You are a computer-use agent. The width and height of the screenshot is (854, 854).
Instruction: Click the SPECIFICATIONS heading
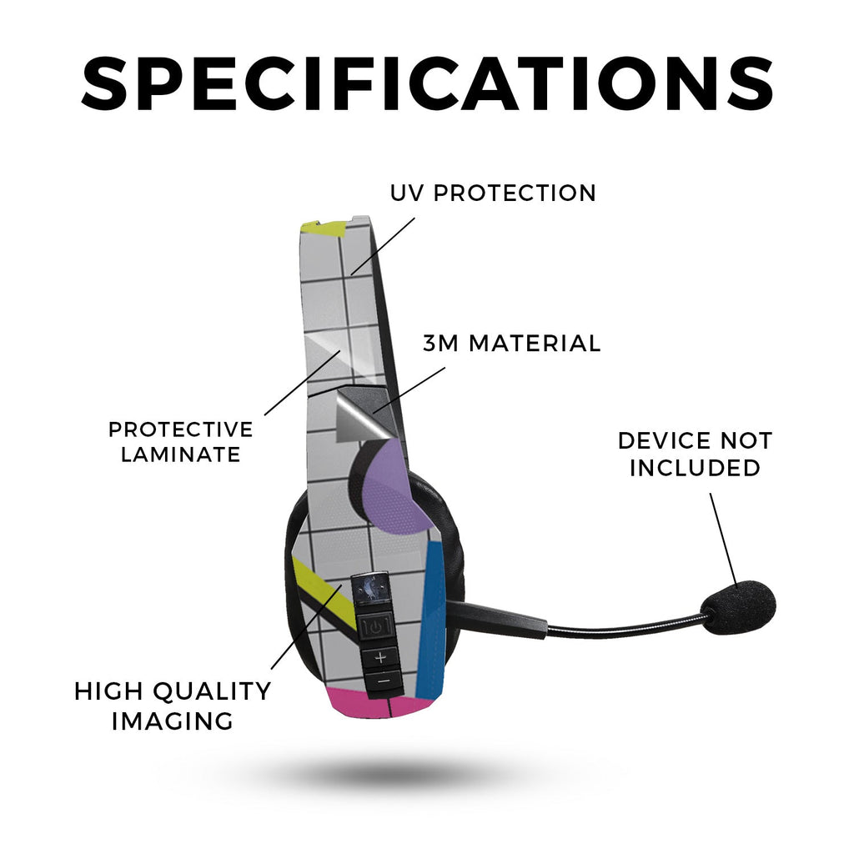pyautogui.click(x=427, y=84)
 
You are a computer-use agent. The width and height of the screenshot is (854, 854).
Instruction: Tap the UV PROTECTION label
pyautogui.click(x=494, y=193)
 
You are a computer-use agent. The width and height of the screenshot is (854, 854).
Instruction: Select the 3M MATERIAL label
pyautogui.click(x=511, y=343)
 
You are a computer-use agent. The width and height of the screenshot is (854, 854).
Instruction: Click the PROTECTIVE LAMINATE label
pyautogui.click(x=181, y=442)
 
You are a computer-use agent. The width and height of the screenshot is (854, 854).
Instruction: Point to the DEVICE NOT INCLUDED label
pyautogui.click(x=696, y=454)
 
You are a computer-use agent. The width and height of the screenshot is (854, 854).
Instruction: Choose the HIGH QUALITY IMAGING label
pyautogui.click(x=173, y=706)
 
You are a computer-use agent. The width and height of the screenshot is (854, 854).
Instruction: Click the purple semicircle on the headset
pyautogui.click(x=390, y=487)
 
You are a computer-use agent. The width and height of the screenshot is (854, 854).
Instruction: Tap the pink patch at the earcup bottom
pyautogui.click(x=376, y=702)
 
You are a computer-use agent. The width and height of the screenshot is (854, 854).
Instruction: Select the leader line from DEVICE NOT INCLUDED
pyautogui.click(x=723, y=540)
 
